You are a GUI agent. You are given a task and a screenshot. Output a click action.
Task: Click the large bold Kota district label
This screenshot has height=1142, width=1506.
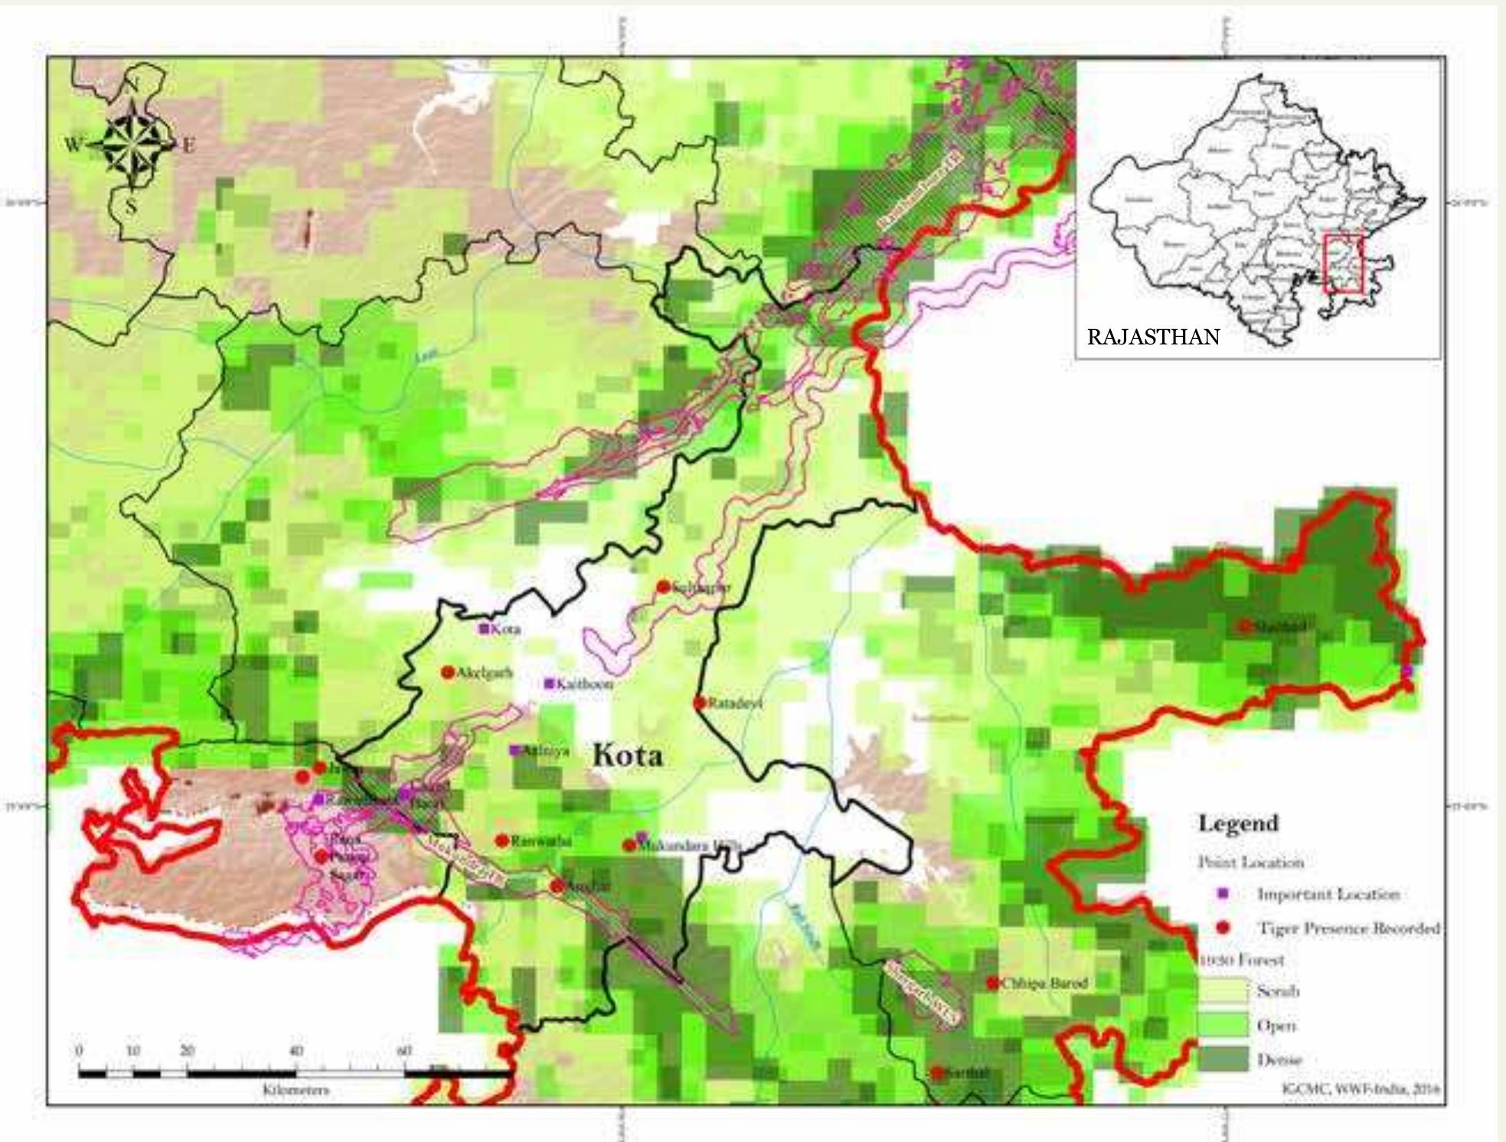628,755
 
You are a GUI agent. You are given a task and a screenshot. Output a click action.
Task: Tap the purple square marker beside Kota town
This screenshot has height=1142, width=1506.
484,628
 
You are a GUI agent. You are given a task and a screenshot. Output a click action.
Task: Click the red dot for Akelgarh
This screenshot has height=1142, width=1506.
448,672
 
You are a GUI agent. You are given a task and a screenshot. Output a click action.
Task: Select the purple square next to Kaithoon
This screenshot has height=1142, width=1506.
549,684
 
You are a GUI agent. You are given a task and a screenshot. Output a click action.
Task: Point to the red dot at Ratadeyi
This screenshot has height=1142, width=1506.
699,702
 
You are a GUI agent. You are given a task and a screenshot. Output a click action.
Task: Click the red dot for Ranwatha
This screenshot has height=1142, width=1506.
502,840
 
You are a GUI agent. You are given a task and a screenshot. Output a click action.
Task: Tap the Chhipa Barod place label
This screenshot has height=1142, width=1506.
1044,983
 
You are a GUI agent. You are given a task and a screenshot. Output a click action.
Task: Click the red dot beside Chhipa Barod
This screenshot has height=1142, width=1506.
993,983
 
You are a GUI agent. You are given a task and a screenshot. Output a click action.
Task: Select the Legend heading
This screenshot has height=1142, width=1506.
1238,824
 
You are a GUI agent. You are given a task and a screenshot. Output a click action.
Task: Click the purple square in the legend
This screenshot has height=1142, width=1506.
1223,893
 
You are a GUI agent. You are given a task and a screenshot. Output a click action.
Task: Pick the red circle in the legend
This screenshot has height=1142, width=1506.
1223,928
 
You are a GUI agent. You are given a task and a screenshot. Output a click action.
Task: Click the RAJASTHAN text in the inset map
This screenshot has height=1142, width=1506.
1153,338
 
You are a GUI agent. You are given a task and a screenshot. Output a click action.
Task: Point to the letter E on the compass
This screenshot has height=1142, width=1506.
188,145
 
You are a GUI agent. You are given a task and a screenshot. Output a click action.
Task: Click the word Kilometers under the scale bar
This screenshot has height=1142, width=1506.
296,1090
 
